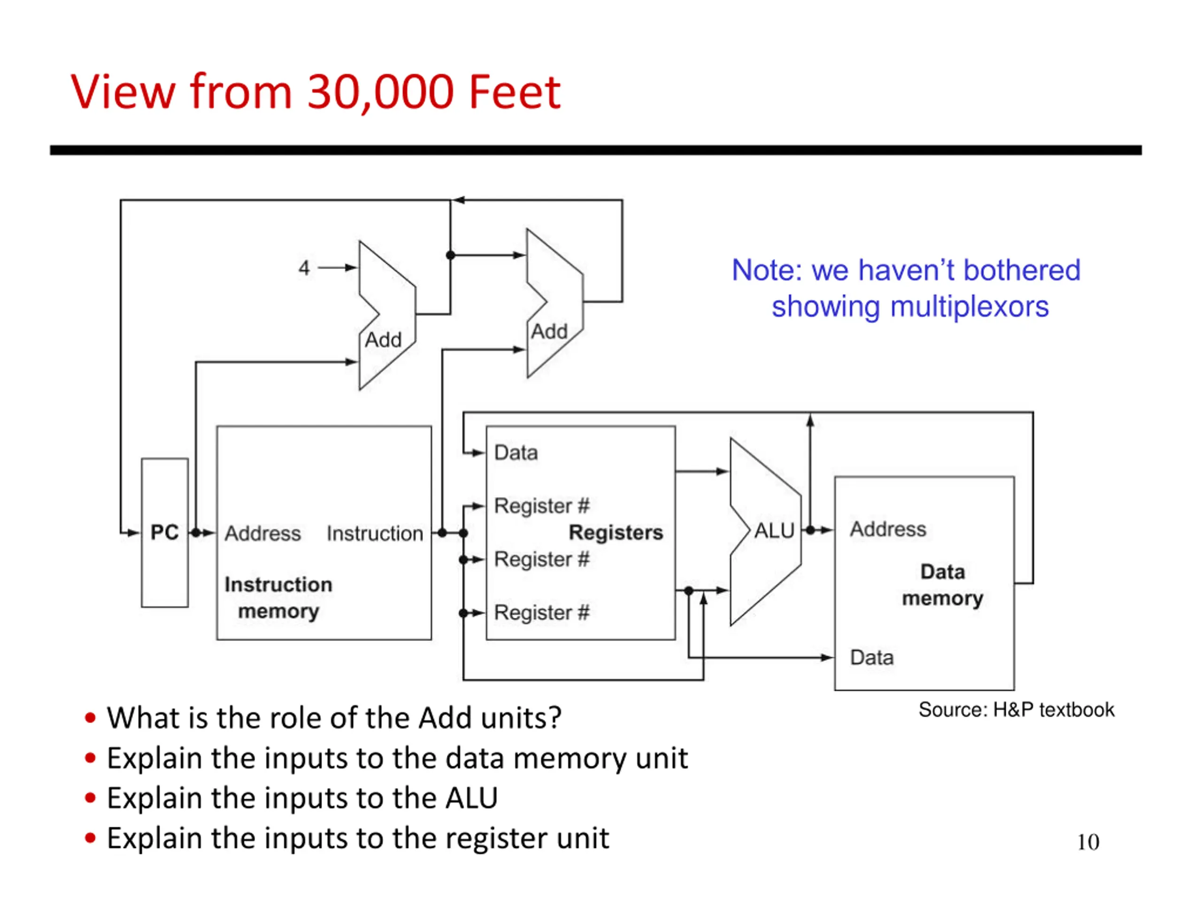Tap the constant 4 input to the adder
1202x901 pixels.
point(304,268)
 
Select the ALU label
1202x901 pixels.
point(774,531)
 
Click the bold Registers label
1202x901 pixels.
point(616,532)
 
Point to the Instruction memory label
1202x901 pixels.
point(278,597)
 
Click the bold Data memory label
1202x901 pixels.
point(943,585)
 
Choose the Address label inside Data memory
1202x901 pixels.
point(888,529)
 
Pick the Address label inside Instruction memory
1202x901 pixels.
point(262,533)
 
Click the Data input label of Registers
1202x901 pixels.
point(516,452)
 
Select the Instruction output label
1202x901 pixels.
point(375,533)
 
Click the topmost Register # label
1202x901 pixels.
point(542,505)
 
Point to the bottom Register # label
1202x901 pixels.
point(542,612)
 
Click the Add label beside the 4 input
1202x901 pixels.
point(383,340)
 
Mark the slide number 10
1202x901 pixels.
point(1088,842)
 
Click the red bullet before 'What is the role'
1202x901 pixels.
point(91,718)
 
